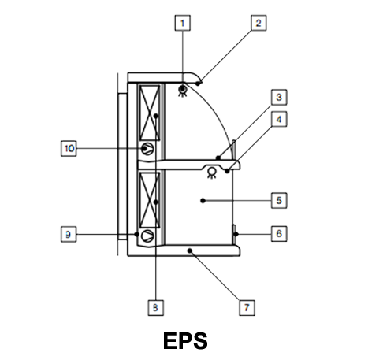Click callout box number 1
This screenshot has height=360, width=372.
click(x=183, y=23)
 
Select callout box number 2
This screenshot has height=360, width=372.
click(x=259, y=23)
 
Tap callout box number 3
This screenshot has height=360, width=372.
click(x=279, y=97)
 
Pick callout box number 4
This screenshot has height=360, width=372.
click(x=279, y=119)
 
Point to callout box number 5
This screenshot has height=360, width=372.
click(x=279, y=201)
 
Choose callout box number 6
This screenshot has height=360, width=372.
click(x=279, y=234)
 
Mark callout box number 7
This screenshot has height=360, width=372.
click(x=247, y=307)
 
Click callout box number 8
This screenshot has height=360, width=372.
click(x=156, y=307)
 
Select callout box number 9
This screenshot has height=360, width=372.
click(x=69, y=234)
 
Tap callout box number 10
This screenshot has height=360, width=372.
click(x=69, y=148)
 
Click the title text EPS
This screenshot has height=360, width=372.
click(x=185, y=341)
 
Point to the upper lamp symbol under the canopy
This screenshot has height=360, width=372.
click(x=183, y=91)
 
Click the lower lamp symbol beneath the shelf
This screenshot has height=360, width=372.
click(x=212, y=173)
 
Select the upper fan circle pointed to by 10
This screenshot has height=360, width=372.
click(x=147, y=149)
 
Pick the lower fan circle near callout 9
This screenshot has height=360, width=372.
click(x=147, y=236)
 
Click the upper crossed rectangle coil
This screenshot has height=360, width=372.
click(x=150, y=113)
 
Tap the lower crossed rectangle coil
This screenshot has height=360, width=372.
click(x=150, y=200)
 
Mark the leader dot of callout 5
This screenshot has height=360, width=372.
click(x=203, y=201)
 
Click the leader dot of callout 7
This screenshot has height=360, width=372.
click(x=190, y=251)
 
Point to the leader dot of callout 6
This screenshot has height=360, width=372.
click(x=236, y=234)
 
